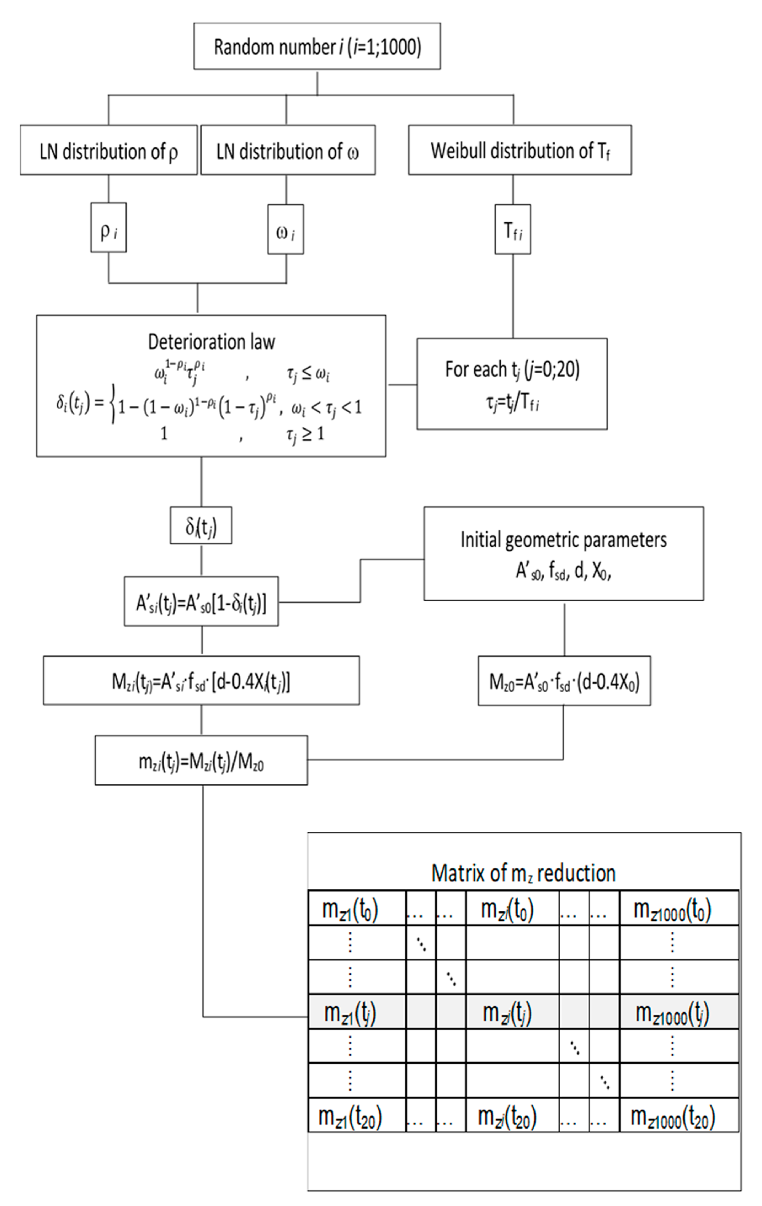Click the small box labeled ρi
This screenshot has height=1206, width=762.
coord(108,228)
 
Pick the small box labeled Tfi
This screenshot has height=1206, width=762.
coord(512,230)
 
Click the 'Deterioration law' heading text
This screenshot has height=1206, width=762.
coord(211,342)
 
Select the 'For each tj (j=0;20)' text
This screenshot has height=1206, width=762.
coord(512,369)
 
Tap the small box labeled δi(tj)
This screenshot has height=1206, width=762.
coord(200,526)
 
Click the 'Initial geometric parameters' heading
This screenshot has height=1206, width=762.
coord(563,540)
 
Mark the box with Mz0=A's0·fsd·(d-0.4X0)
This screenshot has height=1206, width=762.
coord(564,682)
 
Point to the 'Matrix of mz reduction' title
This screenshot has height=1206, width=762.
coord(523,873)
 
